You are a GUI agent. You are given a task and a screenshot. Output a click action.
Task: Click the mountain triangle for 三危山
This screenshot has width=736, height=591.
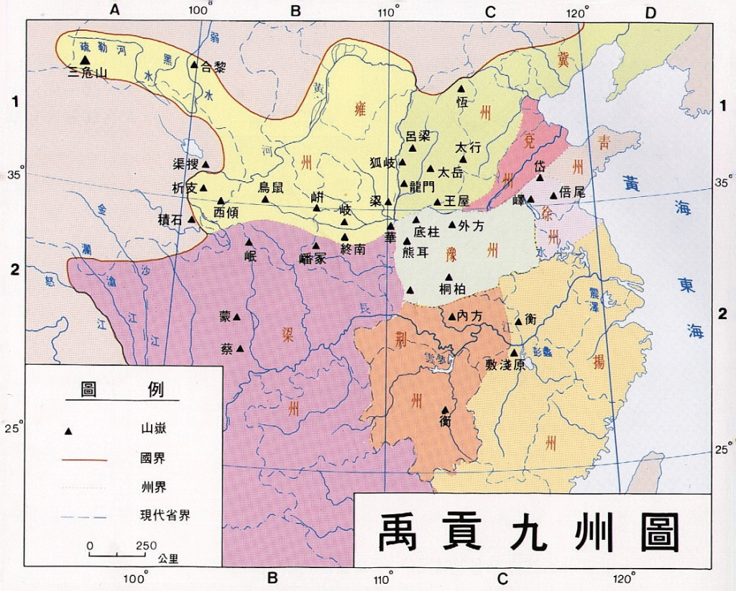point(86,60)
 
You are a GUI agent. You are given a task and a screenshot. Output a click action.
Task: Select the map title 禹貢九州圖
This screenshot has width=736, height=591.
point(530,532)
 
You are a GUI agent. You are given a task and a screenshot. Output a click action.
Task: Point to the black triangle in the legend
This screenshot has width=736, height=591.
point(69,431)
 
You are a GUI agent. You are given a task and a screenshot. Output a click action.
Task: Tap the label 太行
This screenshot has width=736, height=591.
point(468,145)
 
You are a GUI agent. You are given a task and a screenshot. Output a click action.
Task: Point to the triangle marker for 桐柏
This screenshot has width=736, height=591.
point(449,278)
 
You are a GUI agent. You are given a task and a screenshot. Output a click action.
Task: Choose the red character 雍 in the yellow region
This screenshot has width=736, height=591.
point(361,109)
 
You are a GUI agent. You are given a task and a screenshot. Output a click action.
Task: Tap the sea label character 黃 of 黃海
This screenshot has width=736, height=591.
point(632,183)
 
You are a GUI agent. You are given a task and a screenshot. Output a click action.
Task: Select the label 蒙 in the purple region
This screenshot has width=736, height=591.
point(225,316)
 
